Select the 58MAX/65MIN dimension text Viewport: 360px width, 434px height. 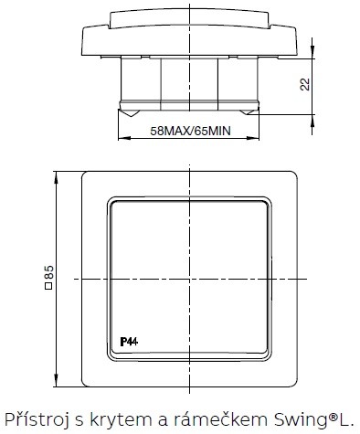tap(189, 131)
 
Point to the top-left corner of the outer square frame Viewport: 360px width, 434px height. tap(83, 171)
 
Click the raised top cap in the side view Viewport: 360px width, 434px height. tap(190, 17)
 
